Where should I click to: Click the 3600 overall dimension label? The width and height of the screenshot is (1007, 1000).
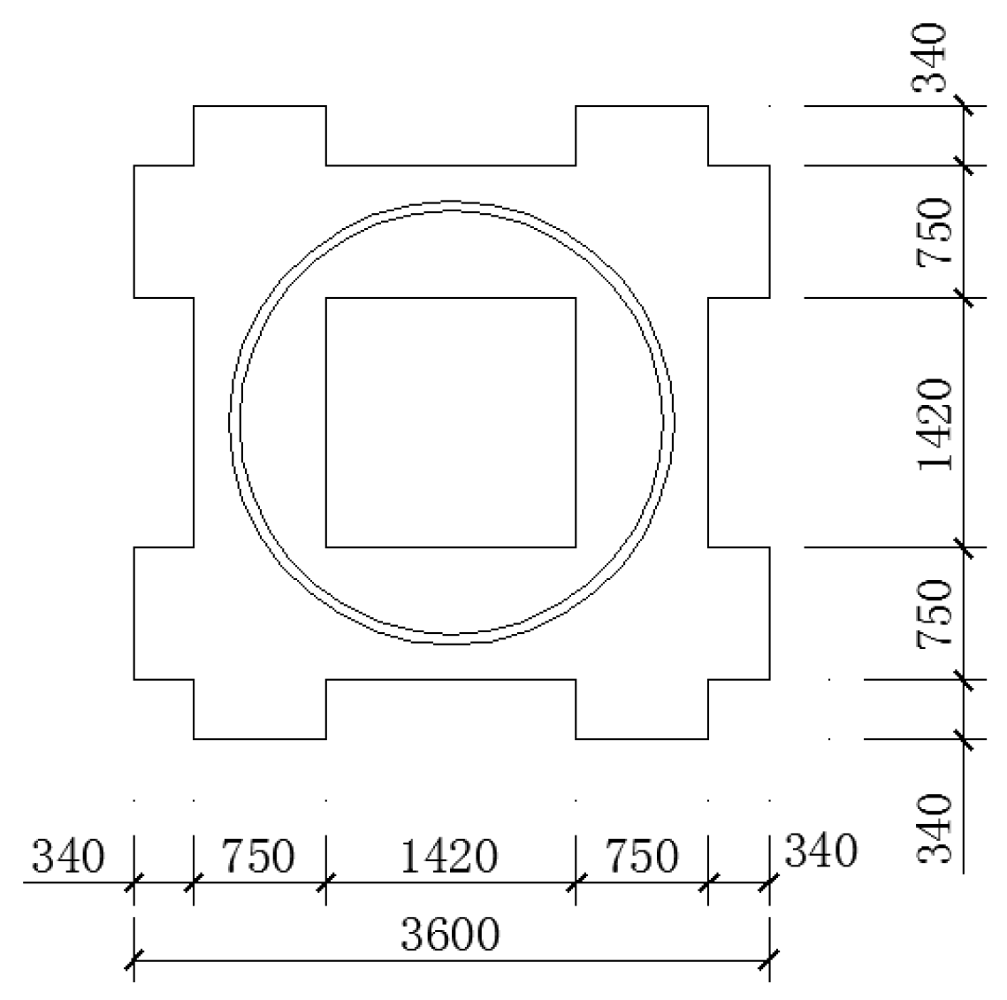(x=450, y=935)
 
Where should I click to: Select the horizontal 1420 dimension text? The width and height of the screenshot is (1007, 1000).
(x=450, y=857)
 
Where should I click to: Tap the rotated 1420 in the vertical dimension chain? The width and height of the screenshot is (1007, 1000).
(x=935, y=424)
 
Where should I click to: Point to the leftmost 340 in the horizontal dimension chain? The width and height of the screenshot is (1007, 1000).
(x=68, y=857)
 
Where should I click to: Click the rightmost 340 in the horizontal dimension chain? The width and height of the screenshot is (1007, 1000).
(x=821, y=851)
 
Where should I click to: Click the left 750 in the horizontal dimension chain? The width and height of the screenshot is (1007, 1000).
(x=258, y=857)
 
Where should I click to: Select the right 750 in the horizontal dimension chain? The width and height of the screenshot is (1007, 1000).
(x=642, y=857)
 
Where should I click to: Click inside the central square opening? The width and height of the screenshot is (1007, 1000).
(x=451, y=423)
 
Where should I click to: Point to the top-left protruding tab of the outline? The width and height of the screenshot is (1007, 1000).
(x=260, y=135)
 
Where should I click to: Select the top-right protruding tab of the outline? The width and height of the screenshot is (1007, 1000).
(x=642, y=135)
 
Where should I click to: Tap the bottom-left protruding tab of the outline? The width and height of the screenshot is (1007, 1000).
(x=260, y=709)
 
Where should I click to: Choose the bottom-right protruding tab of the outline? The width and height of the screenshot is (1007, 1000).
(x=642, y=709)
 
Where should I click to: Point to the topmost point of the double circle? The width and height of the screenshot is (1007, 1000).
(x=452, y=202)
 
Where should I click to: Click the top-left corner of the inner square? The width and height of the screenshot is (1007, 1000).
(x=326, y=298)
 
